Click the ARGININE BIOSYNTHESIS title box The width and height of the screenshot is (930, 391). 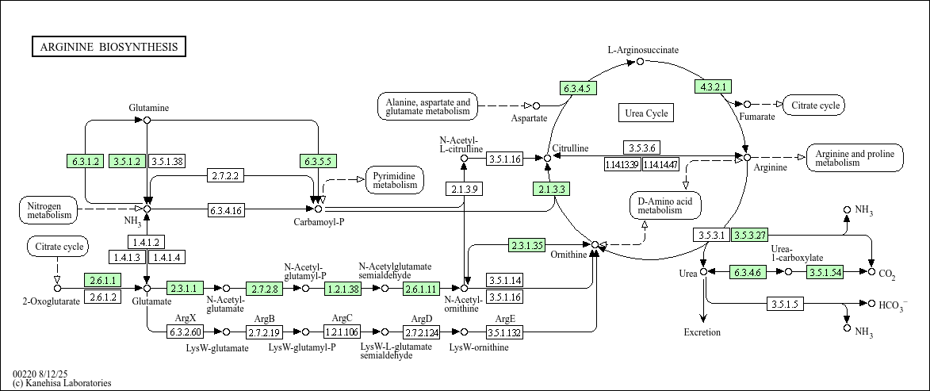click(x=109, y=47)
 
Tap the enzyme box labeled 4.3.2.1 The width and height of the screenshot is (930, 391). click(x=713, y=86)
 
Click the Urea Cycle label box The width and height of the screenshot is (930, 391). click(x=646, y=113)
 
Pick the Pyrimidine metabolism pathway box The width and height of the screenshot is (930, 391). click(x=395, y=180)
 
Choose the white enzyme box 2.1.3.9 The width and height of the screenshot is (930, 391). click(x=463, y=189)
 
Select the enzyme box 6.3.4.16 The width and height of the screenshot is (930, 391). click(x=226, y=209)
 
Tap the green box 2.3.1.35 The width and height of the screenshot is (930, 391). click(x=526, y=245)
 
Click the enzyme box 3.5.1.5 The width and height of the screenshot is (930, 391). click(x=786, y=304)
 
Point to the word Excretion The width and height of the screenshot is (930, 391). click(x=702, y=332)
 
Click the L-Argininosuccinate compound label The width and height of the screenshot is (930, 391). click(x=643, y=50)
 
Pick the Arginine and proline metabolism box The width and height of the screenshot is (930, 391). click(x=855, y=158)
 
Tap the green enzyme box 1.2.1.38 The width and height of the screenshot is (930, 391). click(x=343, y=289)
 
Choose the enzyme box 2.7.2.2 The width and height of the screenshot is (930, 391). click(x=225, y=174)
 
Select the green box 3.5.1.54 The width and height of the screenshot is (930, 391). click(x=826, y=272)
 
